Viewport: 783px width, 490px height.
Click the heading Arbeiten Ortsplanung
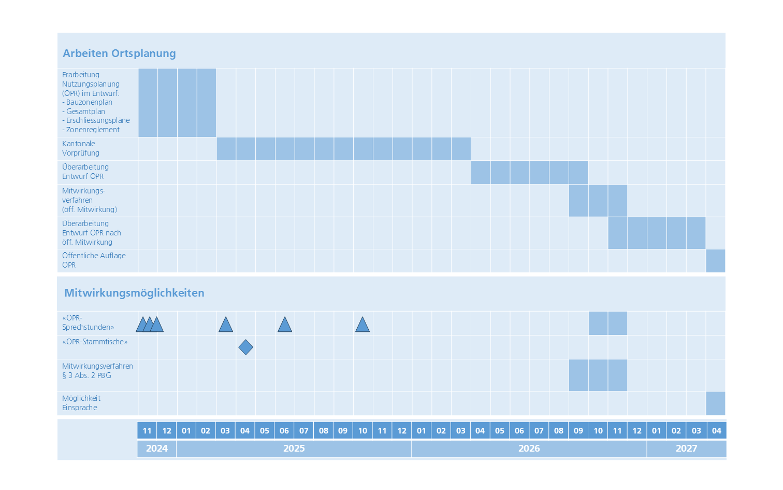(x=119, y=53)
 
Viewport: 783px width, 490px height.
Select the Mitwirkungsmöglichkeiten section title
(x=134, y=293)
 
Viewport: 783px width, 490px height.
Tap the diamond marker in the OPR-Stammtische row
(x=245, y=347)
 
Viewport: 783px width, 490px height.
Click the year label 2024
(x=156, y=449)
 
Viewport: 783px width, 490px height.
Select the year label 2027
(x=686, y=449)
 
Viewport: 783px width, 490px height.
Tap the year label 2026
(x=529, y=449)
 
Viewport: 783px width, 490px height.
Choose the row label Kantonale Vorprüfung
(x=81, y=148)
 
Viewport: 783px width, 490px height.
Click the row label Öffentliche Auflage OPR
(x=94, y=260)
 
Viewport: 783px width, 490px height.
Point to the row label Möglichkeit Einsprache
(x=81, y=403)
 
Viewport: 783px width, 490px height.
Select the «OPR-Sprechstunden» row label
(x=88, y=323)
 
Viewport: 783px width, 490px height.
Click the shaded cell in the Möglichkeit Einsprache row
(x=716, y=403)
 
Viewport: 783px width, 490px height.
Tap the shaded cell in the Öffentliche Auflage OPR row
(x=716, y=261)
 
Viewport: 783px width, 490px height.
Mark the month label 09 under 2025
(x=343, y=430)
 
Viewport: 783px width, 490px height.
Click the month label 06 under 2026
(x=519, y=430)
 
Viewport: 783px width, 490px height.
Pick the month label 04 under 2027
(x=716, y=430)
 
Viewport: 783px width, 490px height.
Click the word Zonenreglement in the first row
(x=93, y=130)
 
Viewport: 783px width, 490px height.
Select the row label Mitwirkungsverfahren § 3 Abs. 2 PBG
(x=97, y=371)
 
